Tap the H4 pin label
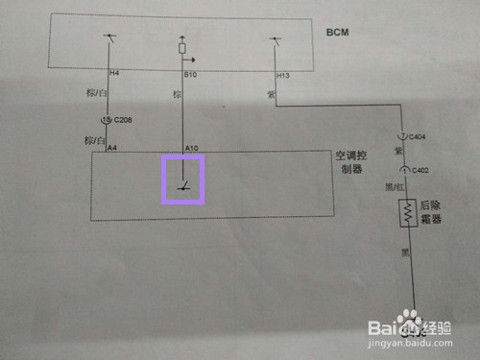114,74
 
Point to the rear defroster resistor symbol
411,212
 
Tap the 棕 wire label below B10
176,95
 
